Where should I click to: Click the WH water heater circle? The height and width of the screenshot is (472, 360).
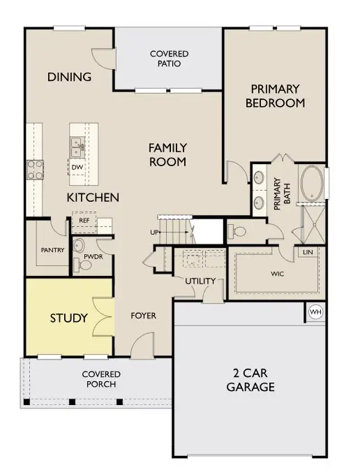click(315, 312)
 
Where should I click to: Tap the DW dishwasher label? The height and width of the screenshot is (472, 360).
click(77, 168)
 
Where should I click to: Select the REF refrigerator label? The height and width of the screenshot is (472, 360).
click(84, 221)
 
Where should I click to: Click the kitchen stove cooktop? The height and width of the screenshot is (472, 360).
click(35, 170)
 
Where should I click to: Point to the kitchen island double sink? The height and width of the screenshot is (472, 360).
click(77, 147)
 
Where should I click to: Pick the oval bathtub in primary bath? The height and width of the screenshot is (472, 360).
click(312, 184)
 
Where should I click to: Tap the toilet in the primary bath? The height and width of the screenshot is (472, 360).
click(237, 232)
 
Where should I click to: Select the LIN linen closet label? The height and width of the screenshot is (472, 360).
click(308, 252)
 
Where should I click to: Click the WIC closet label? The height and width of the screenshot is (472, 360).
click(277, 274)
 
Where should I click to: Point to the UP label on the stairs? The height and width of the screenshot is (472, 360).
click(154, 233)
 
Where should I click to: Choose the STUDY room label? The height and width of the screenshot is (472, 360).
click(68, 318)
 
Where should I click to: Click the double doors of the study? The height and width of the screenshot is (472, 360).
click(103, 317)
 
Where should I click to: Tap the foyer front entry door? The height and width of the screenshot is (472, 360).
click(142, 345)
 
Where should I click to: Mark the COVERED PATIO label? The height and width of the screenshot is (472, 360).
click(169, 59)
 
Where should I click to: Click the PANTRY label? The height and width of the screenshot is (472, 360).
click(52, 250)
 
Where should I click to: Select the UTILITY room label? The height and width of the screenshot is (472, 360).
click(200, 281)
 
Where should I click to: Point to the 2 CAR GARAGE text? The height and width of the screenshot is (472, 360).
click(250, 380)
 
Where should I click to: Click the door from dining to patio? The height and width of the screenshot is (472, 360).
click(104, 59)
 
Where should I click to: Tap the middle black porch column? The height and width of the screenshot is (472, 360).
click(72, 402)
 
